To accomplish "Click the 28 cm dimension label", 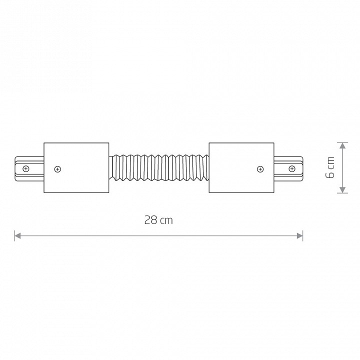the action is pyautogui.click(x=158, y=220).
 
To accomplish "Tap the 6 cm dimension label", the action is pyautogui.click(x=330, y=167).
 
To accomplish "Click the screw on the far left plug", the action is pyautogui.click(x=26, y=169).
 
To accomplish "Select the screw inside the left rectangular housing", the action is pyautogui.click(x=57, y=169).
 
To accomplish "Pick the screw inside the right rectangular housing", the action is pyautogui.click(x=260, y=169).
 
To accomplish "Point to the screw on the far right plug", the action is pyautogui.click(x=292, y=169).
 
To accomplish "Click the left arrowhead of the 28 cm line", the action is pyautogui.click(x=17, y=236).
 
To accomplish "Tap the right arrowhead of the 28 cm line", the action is pyautogui.click(x=299, y=236).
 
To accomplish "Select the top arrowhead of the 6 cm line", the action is pyautogui.click(x=342, y=146).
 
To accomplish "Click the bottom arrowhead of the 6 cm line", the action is pyautogui.click(x=342, y=190).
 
